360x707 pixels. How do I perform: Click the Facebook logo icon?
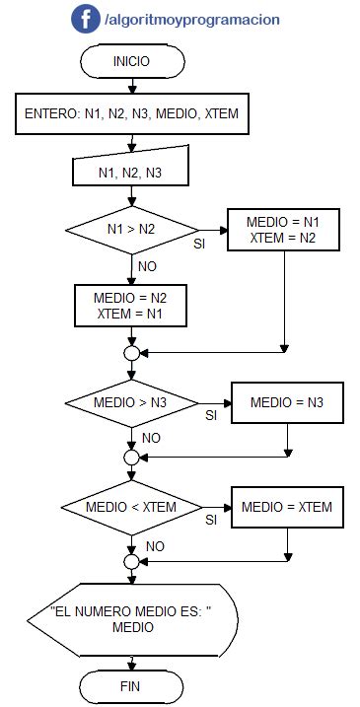(85, 19)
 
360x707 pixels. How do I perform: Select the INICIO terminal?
(131, 61)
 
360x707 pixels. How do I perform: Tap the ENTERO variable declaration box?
(131, 114)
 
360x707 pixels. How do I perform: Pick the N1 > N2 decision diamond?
(131, 229)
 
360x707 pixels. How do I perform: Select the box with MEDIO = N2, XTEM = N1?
(131, 305)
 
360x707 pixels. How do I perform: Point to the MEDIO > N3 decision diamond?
(131, 403)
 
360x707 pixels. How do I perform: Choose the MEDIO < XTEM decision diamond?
(131, 507)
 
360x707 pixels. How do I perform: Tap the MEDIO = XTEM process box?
(286, 507)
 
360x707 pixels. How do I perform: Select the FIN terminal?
(131, 685)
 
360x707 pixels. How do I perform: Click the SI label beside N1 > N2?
(199, 243)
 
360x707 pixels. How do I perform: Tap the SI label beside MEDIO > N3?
(210, 416)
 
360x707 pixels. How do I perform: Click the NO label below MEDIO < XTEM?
(155, 544)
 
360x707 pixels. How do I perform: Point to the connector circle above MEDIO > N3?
(131, 352)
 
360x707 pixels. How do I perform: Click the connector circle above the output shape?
(131, 561)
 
